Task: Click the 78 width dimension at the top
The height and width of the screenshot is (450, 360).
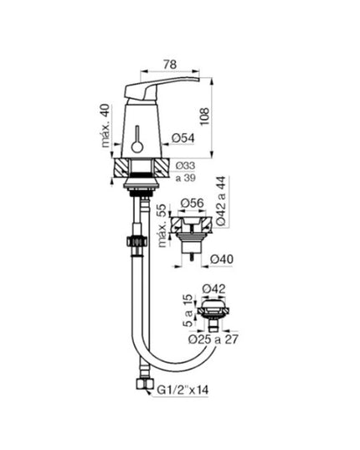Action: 170,65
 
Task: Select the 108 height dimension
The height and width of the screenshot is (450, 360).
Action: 204,116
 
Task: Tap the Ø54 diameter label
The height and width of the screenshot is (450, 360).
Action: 183,138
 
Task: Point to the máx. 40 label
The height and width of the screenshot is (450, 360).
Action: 105,126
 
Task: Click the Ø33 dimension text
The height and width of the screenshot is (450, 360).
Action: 186,166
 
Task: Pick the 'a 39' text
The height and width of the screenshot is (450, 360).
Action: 186,178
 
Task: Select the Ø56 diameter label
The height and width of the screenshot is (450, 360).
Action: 193,203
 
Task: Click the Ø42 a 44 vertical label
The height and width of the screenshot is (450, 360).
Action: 221,201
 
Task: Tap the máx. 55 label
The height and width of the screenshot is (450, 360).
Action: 162,225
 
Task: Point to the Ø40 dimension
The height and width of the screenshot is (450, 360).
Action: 222,260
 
